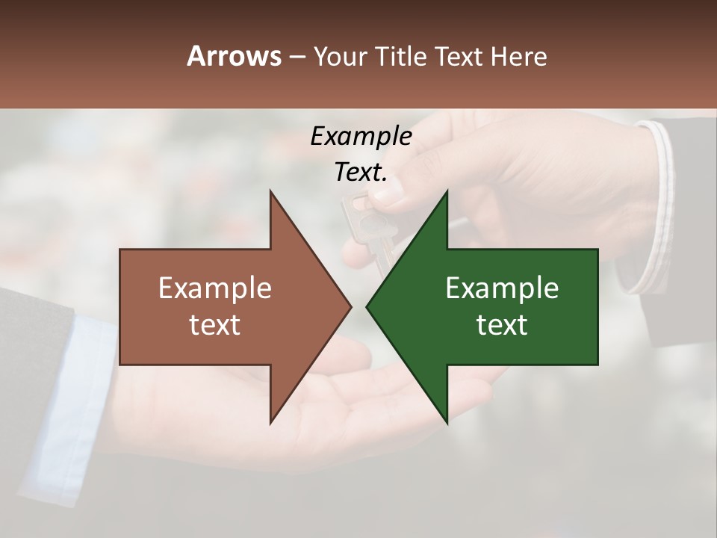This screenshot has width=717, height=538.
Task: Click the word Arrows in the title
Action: [x=234, y=56]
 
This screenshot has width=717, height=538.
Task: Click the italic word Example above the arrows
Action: [x=361, y=136]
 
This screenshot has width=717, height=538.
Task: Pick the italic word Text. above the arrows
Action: [x=361, y=173]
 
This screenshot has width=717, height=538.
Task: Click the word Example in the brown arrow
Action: [x=214, y=288]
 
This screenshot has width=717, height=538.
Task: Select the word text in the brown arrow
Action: [x=214, y=325]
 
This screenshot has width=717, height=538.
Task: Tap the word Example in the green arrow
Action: [x=502, y=288]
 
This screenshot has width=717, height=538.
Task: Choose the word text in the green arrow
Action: [x=502, y=325]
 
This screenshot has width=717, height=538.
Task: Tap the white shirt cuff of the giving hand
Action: [x=657, y=209]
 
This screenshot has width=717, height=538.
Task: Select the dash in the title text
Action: [x=297, y=57]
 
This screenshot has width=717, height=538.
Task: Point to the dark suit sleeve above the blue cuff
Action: [x=30, y=329]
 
